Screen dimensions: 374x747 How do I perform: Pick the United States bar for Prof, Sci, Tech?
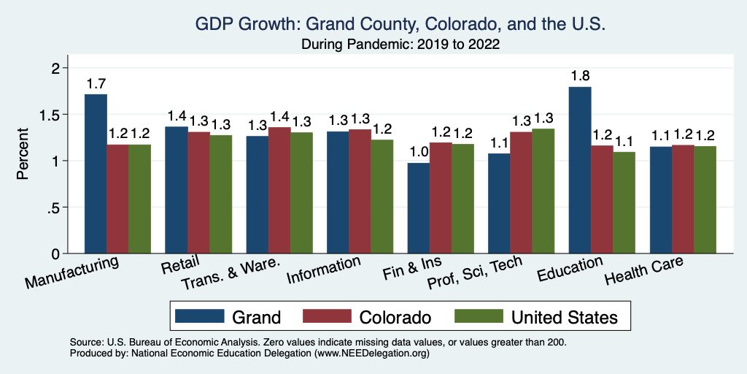click(543, 191)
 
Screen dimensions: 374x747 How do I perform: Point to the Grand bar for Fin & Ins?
click(418, 208)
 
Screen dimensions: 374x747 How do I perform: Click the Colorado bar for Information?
click(360, 191)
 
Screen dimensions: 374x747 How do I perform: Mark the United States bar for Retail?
click(220, 194)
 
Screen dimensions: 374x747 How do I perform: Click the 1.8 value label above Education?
click(580, 75)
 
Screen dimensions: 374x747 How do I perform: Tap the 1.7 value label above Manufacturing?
click(96, 83)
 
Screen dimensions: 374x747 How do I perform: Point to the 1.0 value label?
click(418, 151)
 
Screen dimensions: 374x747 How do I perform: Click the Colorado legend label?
click(395, 317)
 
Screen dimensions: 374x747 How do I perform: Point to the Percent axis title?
click(23, 155)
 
